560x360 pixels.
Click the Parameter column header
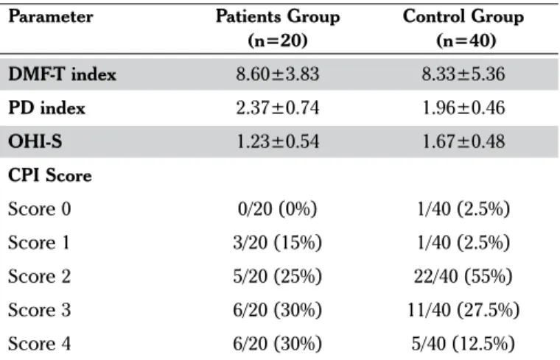point(50,16)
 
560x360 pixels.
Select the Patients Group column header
point(278,28)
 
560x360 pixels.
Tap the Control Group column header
point(463,28)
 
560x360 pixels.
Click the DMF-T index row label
point(62,74)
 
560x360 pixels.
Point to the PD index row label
point(46,107)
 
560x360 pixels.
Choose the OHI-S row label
point(35,141)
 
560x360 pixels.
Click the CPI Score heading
point(49,175)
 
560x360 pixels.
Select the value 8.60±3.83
point(278,74)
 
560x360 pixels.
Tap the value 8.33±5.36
point(463,74)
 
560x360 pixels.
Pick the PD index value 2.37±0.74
point(278,107)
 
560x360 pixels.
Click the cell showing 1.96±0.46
point(463,107)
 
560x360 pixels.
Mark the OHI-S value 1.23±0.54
point(278,141)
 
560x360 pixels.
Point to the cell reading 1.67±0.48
point(463,141)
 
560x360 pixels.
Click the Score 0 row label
point(40,209)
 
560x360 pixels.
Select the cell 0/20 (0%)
point(278,209)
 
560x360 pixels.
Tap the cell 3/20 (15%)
point(278,243)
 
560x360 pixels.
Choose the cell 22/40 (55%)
point(463,276)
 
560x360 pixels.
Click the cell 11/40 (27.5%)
point(463,310)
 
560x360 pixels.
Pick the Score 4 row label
point(40,344)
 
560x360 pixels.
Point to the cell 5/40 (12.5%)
point(463,344)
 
